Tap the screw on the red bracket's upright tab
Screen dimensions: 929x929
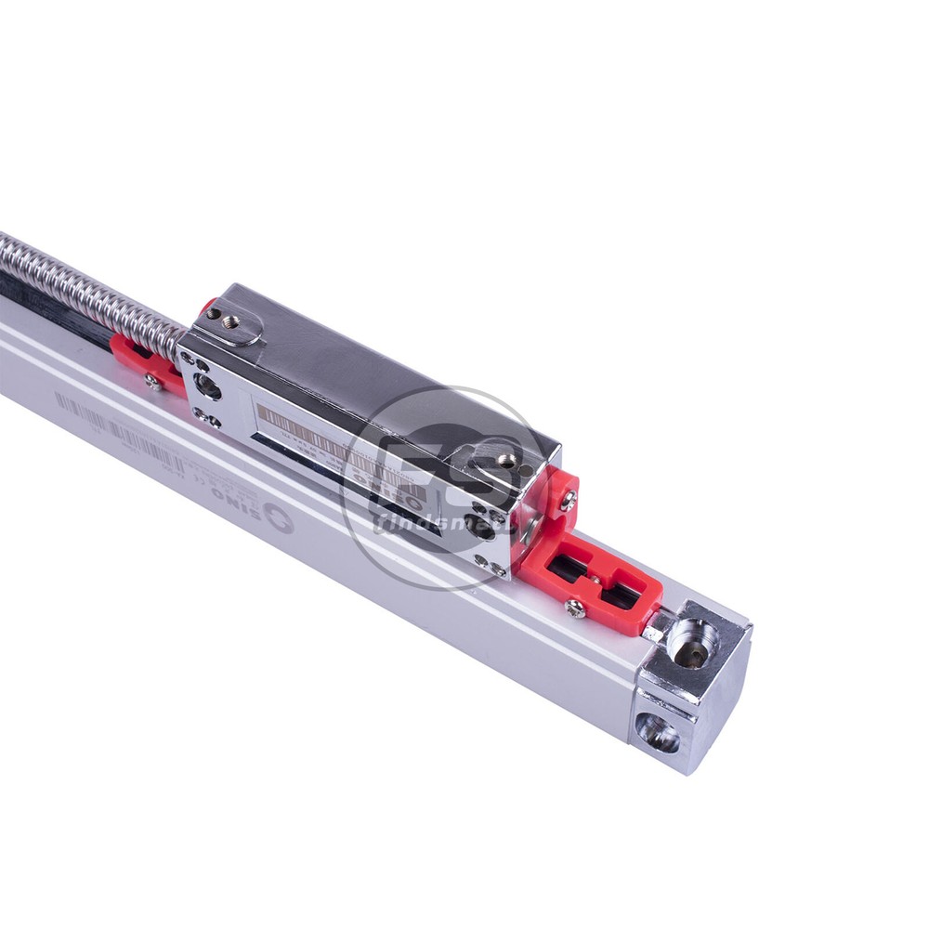pos(566,502)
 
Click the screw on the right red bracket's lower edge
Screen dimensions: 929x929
pos(575,608)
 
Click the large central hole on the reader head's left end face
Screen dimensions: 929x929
pos(207,386)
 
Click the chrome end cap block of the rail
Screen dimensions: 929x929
pos(692,687)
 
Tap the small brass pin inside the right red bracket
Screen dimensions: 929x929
pos(594,581)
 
